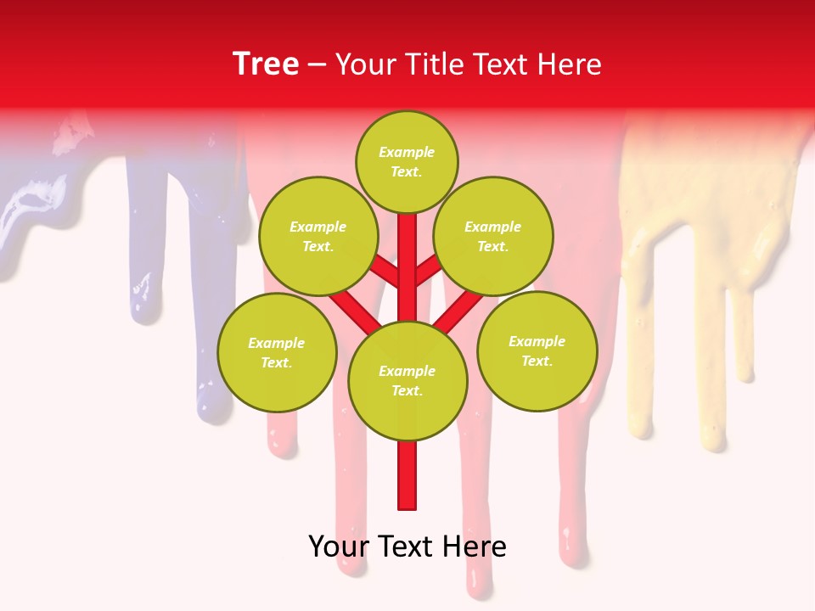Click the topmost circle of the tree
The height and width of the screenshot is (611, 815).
[x=407, y=161]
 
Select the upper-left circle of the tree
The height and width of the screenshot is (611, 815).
[x=318, y=236]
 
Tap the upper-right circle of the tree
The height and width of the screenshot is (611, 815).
[x=492, y=236]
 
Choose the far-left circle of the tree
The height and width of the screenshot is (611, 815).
[x=277, y=352]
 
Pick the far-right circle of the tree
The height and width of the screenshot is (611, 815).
[x=537, y=350]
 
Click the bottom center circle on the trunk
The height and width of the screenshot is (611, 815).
[x=407, y=380]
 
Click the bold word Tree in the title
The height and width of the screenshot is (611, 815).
[x=266, y=64]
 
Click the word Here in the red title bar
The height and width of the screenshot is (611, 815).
[x=570, y=64]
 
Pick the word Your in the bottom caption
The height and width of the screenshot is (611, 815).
[x=339, y=547]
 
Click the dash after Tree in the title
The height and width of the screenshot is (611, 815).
[x=318, y=65]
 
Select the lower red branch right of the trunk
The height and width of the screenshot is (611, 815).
[x=450, y=315]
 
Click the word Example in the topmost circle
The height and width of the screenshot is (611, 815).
[x=407, y=152]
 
